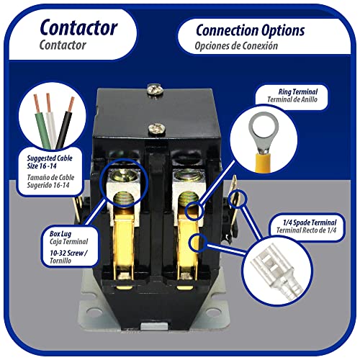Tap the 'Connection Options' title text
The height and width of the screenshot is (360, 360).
[240, 30]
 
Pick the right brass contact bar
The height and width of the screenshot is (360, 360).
[189, 245]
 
